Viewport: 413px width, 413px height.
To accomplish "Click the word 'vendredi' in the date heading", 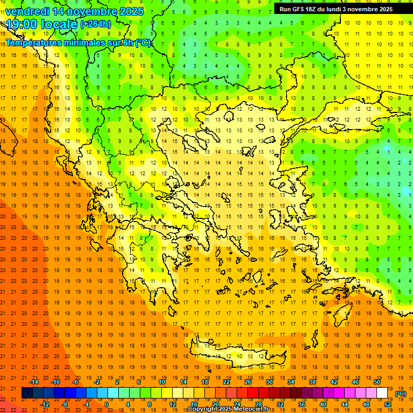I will [x=27, y=11].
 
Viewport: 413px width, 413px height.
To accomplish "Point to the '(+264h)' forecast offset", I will [x=96, y=24].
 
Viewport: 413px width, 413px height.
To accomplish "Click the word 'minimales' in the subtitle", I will [x=82, y=42].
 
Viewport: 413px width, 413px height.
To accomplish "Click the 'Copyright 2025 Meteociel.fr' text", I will [x=228, y=409].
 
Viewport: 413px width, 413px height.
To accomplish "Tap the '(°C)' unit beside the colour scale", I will [x=400, y=394].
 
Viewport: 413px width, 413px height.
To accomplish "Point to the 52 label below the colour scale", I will [x=388, y=404].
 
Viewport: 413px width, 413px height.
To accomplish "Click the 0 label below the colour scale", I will [x=106, y=404].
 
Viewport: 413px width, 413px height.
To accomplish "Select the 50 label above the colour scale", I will [x=377, y=382].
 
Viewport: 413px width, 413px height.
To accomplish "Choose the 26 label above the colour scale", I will [x=247, y=382].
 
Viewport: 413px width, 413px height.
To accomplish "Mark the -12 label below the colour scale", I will [x=45, y=404].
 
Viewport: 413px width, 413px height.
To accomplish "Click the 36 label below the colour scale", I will [x=302, y=404].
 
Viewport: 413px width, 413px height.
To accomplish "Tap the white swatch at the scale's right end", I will [x=382, y=393].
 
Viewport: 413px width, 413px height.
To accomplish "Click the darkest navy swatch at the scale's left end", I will [x=27, y=393].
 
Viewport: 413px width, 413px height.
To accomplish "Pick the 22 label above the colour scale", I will [x=226, y=382].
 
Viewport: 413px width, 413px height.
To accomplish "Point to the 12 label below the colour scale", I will [x=172, y=404].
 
